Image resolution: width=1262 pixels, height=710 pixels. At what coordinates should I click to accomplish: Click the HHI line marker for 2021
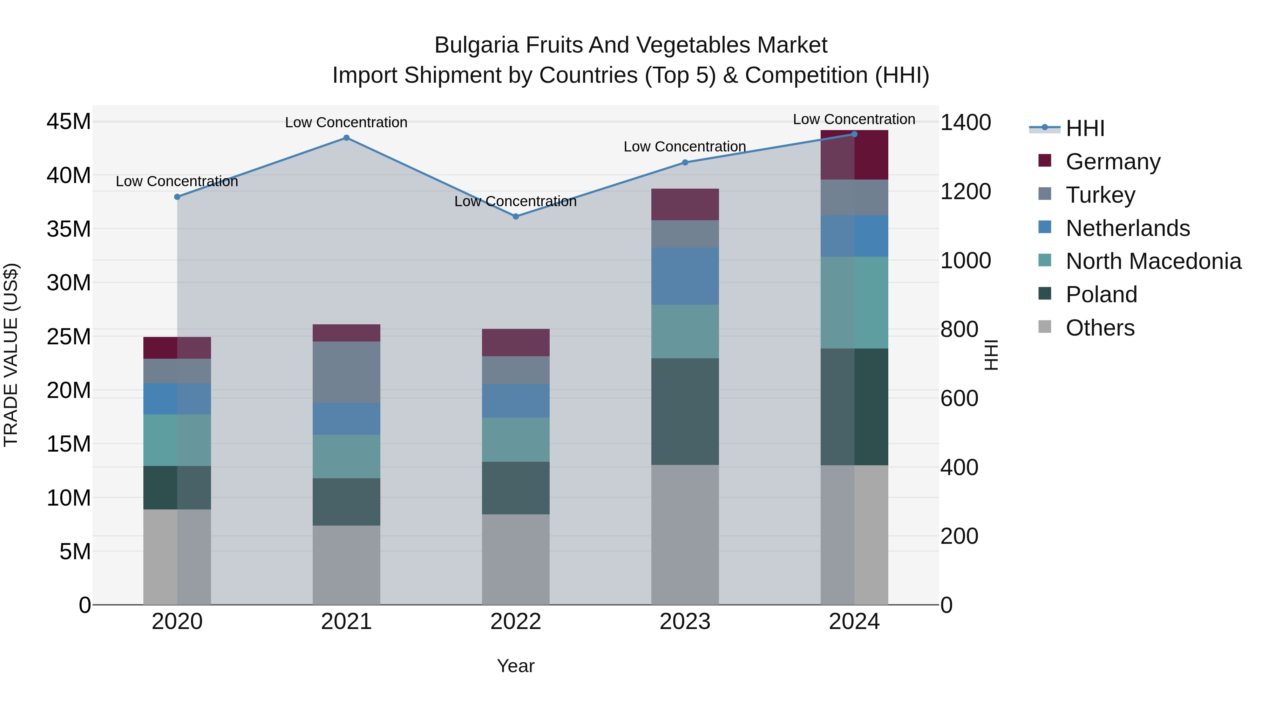point(346,138)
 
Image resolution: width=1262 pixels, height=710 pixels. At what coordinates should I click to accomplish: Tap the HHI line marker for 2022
point(515,216)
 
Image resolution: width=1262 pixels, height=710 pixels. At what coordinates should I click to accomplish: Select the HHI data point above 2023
point(685,162)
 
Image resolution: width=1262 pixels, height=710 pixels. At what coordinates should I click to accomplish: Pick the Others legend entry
point(1100,328)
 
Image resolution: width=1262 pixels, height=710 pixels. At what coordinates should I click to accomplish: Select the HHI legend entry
point(1085,128)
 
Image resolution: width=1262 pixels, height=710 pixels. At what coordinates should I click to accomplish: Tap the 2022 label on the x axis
point(515,622)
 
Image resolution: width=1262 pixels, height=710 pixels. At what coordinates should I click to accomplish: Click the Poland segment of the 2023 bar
point(685,411)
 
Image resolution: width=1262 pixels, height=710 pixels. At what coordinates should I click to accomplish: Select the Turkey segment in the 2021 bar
point(346,372)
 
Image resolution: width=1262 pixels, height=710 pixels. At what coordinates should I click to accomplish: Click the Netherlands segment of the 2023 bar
point(685,276)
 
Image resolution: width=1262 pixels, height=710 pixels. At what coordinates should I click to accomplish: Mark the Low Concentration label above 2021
point(346,122)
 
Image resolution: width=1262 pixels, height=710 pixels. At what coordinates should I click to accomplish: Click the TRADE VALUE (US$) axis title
point(11,355)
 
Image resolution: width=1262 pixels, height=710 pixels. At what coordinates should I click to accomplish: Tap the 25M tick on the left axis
point(69,337)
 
